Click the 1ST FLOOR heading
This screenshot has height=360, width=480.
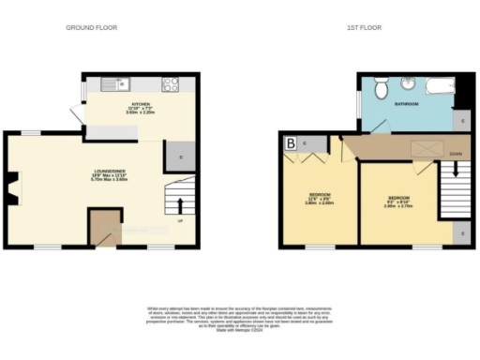(x=364, y=28)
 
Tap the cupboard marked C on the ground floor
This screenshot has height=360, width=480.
(x=179, y=157)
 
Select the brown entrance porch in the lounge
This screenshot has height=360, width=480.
(x=105, y=228)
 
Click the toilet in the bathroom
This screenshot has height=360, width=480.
(x=380, y=89)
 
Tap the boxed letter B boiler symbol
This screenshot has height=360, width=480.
(x=291, y=143)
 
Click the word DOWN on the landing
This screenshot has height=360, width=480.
(x=455, y=153)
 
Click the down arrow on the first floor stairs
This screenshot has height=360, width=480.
(x=456, y=171)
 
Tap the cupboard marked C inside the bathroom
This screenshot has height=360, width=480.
(x=460, y=120)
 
